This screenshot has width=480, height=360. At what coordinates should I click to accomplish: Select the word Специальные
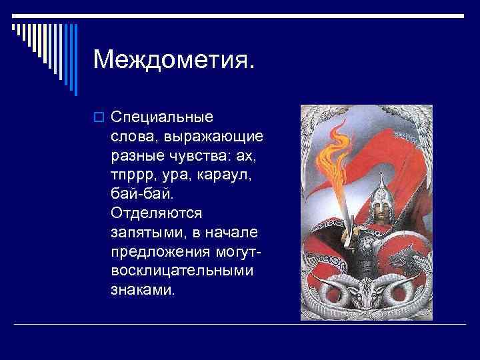point(162,117)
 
